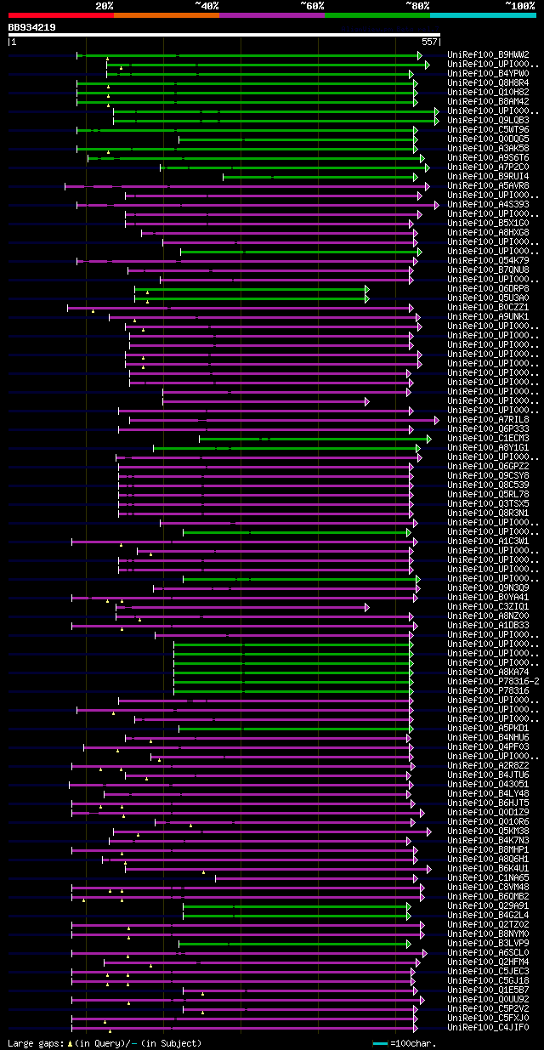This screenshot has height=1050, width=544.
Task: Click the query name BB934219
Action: tap(32, 27)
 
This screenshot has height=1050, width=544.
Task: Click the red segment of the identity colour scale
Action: tap(60, 14)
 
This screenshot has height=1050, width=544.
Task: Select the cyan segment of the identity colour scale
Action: tap(482, 14)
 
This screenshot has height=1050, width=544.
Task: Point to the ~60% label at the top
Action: tap(312, 5)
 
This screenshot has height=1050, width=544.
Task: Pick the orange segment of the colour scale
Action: tap(166, 14)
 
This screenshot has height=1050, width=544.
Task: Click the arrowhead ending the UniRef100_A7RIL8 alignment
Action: tap(437, 420)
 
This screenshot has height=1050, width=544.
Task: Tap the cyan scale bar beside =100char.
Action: tap(380, 1043)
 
